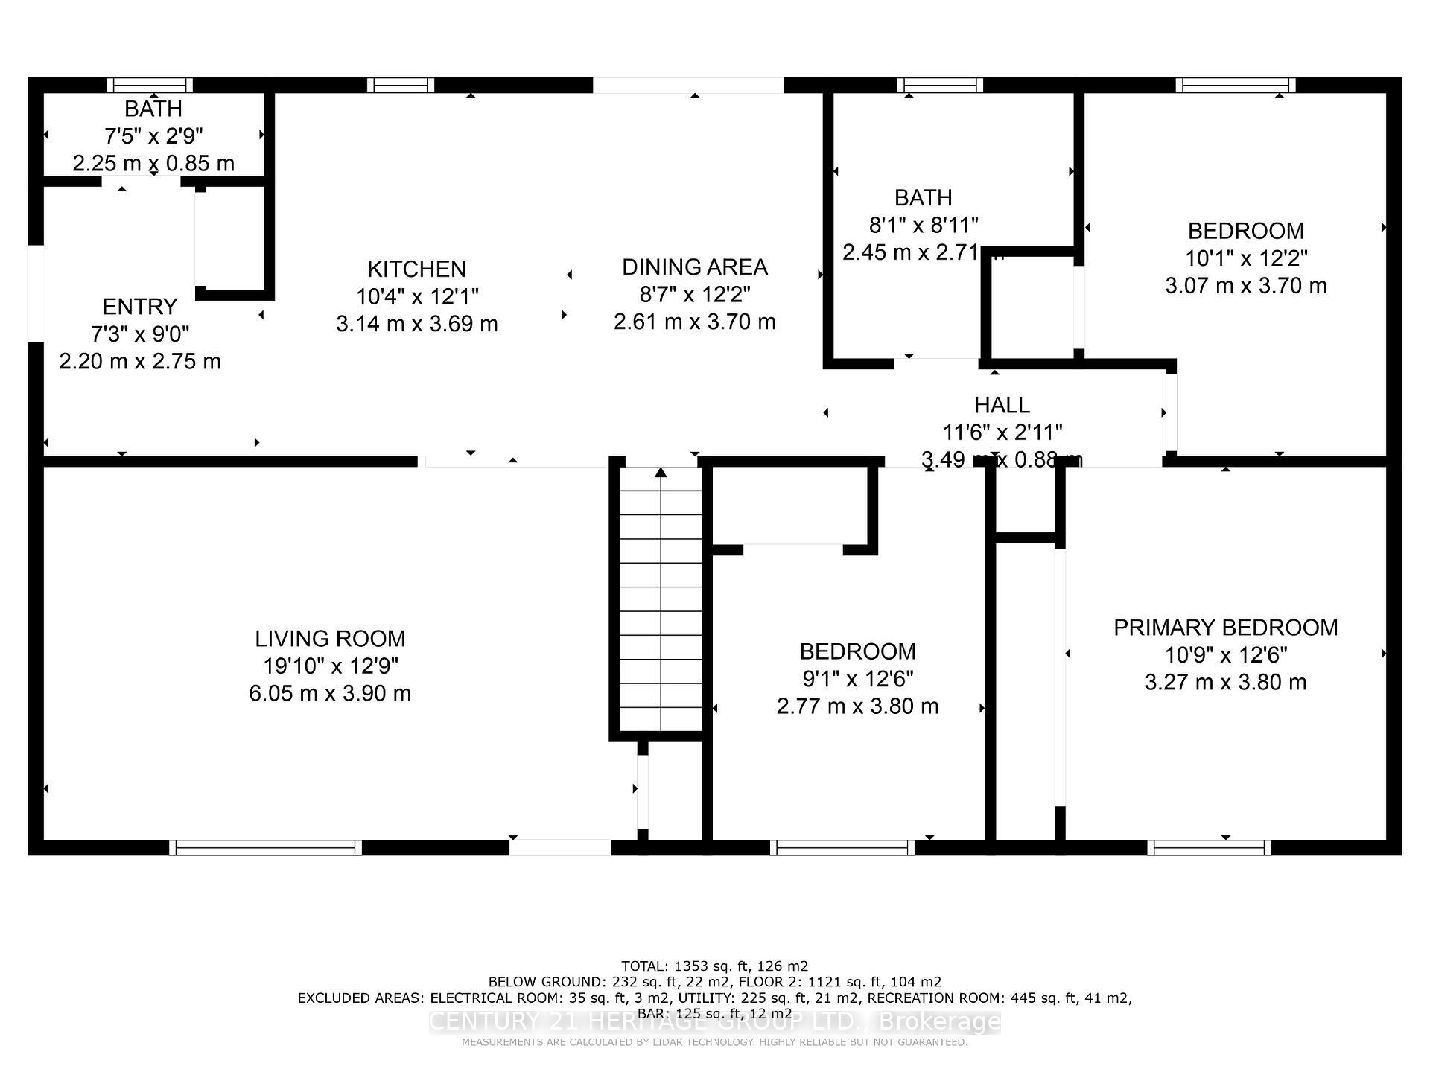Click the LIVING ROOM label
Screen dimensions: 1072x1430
[330, 639]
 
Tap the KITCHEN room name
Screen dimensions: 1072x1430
[416, 269]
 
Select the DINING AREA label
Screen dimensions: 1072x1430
[694, 267]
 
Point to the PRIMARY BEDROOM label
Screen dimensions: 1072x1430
[1225, 628]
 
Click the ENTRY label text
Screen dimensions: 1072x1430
[139, 307]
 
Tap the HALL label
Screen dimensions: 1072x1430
[1002, 405]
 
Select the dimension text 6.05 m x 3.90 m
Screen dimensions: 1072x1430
[330, 693]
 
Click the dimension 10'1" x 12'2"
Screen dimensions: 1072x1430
[1245, 258]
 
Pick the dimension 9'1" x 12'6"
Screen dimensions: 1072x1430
[857, 679]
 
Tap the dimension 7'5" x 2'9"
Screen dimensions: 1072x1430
[153, 136]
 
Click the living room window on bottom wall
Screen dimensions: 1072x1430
[265, 847]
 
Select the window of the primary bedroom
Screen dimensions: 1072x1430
[1209, 847]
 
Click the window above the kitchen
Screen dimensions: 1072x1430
[401, 86]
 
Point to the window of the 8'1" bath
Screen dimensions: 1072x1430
[940, 86]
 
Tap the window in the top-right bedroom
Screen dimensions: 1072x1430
[1235, 86]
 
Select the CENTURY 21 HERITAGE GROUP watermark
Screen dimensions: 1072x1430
[714, 1021]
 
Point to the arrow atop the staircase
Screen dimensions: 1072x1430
[661, 472]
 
